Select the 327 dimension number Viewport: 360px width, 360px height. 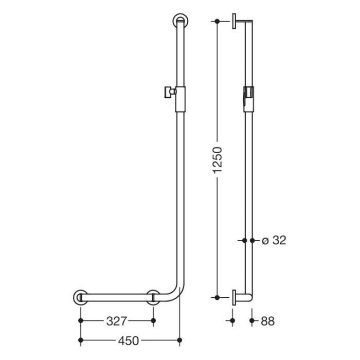click(x=117, y=321)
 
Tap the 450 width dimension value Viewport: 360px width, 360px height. click(x=130, y=340)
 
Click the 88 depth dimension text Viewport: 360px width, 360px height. click(x=267, y=321)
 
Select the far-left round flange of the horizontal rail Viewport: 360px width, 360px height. click(x=80, y=297)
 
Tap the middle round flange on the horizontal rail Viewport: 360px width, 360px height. click(x=153, y=297)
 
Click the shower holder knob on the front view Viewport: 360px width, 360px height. click(x=167, y=92)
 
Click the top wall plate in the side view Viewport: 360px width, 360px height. click(x=234, y=21)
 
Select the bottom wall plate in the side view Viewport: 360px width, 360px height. click(x=234, y=297)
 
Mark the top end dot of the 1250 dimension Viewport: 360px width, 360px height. click(x=218, y=21)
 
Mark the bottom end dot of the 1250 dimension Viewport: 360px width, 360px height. click(x=218, y=297)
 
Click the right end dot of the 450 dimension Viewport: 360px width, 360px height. click(x=179, y=340)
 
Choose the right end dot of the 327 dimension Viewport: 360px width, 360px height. click(x=153, y=321)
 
